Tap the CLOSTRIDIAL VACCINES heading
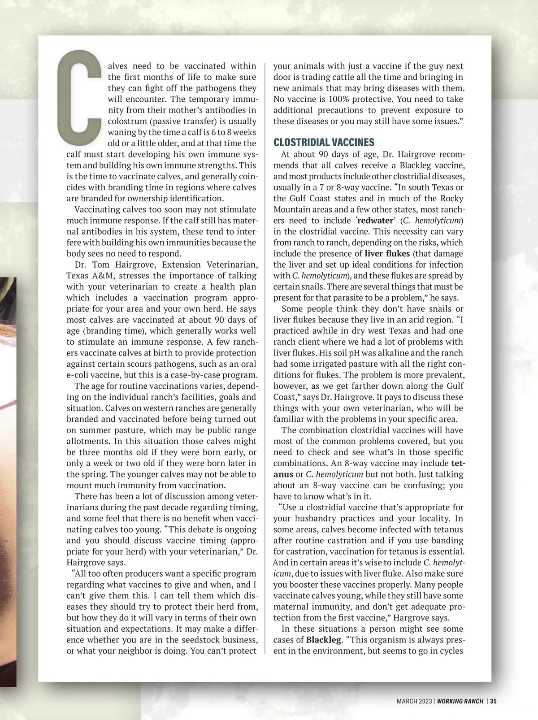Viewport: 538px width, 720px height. pyautogui.click(x=324, y=143)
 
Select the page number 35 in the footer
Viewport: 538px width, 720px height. pyautogui.click(x=493, y=701)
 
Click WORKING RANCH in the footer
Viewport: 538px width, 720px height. pyautogui.click(x=460, y=701)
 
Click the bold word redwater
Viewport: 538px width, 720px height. pyautogui.click(x=375, y=221)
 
